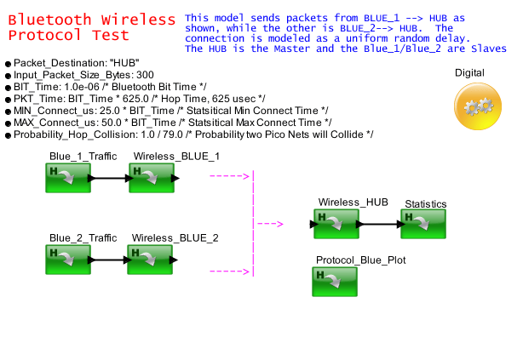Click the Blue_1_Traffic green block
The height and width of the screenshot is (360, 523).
click(x=68, y=179)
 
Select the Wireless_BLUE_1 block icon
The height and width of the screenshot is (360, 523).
click(x=152, y=179)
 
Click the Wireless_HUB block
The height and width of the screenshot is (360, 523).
click(x=336, y=224)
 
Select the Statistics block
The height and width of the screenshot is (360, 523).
click(x=423, y=225)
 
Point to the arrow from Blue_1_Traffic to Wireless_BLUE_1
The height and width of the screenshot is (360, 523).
click(x=110, y=179)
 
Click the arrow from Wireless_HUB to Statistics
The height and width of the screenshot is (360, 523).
click(x=379, y=225)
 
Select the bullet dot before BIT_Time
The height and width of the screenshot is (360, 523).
click(x=8, y=88)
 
